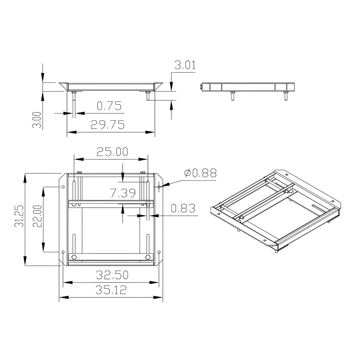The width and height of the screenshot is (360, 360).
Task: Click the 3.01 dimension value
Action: pyautogui.click(x=185, y=65)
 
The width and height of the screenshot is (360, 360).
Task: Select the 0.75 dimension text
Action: pyautogui.click(x=109, y=106)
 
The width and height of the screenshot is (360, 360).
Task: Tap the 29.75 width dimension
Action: pyautogui.click(x=107, y=125)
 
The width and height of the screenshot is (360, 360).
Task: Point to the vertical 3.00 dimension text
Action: pyautogui.click(x=37, y=120)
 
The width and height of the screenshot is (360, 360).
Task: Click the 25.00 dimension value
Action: pyautogui.click(x=112, y=152)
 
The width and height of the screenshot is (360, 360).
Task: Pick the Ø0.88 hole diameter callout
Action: pyautogui.click(x=201, y=173)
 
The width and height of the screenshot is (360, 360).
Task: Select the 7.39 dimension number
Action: pyautogui.click(x=123, y=193)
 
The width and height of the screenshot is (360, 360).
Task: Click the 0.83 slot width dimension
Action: pyautogui.click(x=183, y=208)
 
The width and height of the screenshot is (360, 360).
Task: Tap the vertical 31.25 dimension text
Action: pyautogui.click(x=19, y=216)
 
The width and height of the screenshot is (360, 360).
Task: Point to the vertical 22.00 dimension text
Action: pyautogui.click(x=37, y=216)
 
